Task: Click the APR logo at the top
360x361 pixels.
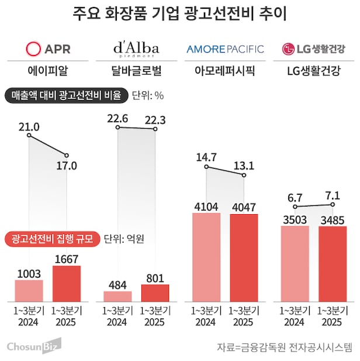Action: (x=47, y=48)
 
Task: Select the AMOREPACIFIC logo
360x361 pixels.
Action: (x=225, y=49)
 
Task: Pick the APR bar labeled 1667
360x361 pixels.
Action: (x=67, y=284)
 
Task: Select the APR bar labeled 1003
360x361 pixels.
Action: (x=29, y=291)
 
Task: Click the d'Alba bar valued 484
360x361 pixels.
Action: (x=117, y=296)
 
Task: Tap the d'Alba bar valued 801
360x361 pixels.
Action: (x=155, y=293)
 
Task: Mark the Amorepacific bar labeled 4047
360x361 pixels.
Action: (x=244, y=258)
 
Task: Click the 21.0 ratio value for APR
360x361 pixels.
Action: (x=29, y=127)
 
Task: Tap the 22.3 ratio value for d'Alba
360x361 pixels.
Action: (x=154, y=120)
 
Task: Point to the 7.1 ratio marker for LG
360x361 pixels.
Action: (x=332, y=195)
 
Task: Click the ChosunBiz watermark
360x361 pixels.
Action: (x=34, y=348)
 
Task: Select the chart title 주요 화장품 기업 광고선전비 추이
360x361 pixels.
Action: (x=180, y=13)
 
